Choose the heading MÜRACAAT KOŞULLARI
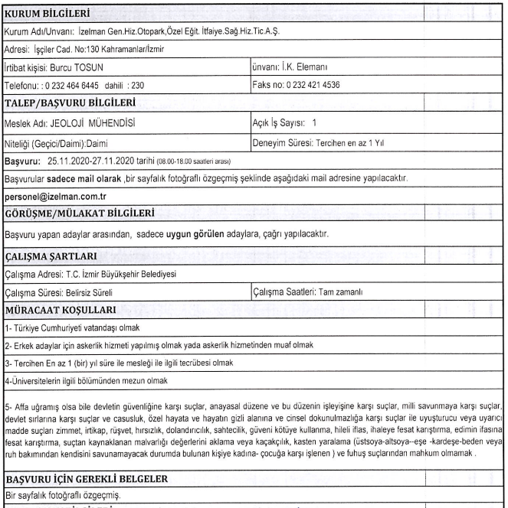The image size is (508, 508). click(x=57, y=309)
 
